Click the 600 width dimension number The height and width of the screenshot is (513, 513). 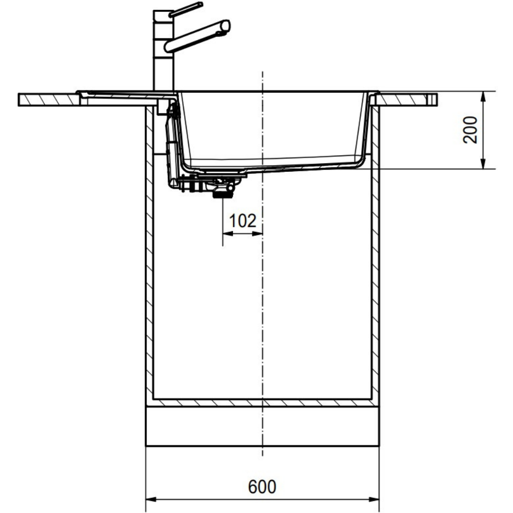click(x=262, y=486)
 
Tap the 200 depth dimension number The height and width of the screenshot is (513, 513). click(x=470, y=130)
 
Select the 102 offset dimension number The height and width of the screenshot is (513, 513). click(x=243, y=221)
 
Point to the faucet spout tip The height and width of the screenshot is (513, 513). click(x=226, y=27)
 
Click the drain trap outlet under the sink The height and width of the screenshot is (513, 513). click(x=223, y=194)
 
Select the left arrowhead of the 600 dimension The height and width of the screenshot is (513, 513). click(x=151, y=500)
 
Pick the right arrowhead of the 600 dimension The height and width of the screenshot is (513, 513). click(x=374, y=500)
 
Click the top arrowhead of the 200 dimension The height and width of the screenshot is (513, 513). click(x=484, y=97)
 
